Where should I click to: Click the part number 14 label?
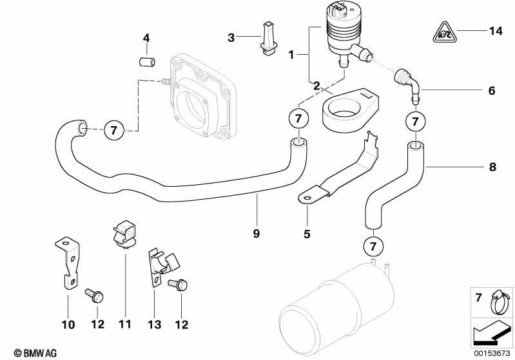click(496, 31)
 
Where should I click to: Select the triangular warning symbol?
click(444, 33)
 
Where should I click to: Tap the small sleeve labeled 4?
click(148, 62)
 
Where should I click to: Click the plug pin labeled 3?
click(268, 39)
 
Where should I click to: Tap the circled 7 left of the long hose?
click(113, 130)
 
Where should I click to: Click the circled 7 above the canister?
click(373, 246)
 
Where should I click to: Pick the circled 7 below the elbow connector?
click(416, 122)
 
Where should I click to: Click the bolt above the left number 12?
click(94, 296)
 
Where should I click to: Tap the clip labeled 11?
click(125, 234)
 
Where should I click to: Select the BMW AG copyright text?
click(35, 353)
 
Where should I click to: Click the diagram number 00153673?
click(492, 353)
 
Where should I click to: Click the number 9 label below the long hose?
click(256, 233)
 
